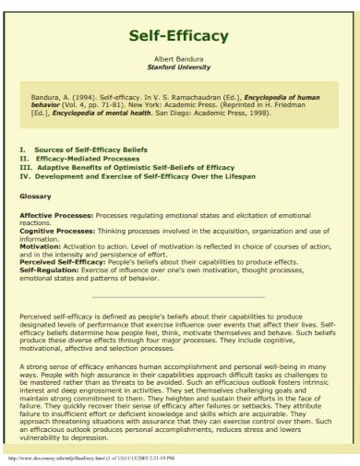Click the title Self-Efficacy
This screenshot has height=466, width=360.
[x=179, y=36]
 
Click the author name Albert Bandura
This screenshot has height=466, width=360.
[x=179, y=58]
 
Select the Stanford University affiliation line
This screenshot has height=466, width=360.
[x=179, y=66]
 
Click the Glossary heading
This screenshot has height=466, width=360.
[x=36, y=196]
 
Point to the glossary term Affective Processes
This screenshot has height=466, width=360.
[x=56, y=214]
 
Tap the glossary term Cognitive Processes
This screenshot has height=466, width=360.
[x=56, y=230]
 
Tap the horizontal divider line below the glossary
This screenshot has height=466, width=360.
[x=179, y=297]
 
